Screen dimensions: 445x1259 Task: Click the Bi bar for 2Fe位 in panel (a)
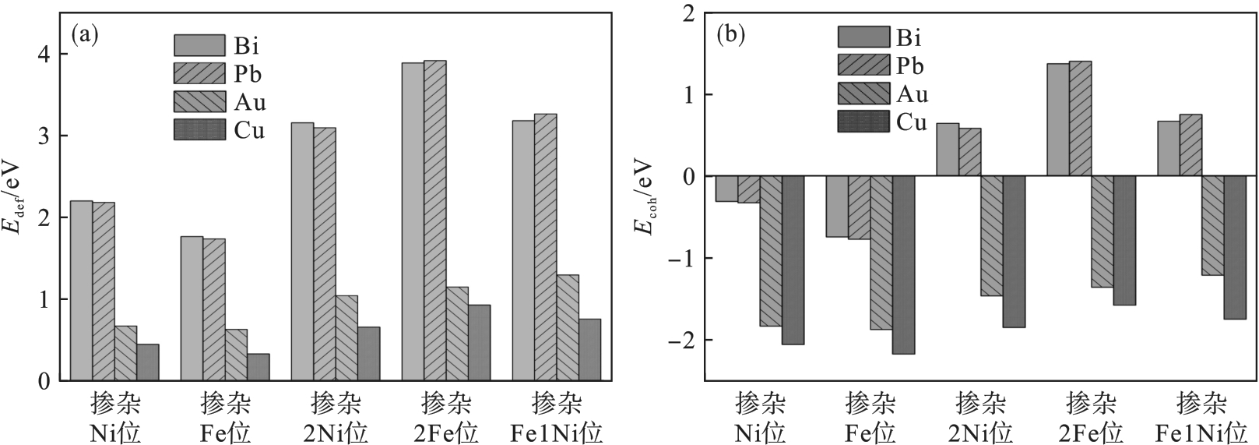(x=413, y=221)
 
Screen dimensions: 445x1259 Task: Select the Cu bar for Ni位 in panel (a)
(x=148, y=362)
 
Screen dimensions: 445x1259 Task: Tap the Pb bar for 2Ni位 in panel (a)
(x=325, y=254)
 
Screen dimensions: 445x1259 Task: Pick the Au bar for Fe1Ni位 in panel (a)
(x=568, y=327)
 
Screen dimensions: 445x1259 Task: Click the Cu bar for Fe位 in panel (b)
(x=904, y=265)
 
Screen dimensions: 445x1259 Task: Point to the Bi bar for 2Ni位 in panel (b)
(x=947, y=150)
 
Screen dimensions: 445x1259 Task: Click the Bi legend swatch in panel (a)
(x=199, y=45)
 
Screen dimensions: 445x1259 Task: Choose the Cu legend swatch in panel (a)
(x=199, y=129)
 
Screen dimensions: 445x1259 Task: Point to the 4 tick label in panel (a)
(x=45, y=55)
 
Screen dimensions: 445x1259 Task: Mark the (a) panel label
(x=84, y=34)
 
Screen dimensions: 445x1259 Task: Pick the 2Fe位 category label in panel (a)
(x=445, y=419)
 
